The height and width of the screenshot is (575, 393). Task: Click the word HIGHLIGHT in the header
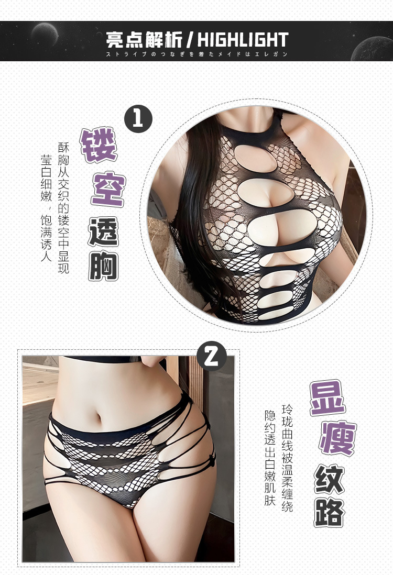(x=243, y=40)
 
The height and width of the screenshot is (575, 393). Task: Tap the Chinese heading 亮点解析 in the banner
(x=144, y=40)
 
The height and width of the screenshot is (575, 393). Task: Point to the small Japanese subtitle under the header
(x=196, y=54)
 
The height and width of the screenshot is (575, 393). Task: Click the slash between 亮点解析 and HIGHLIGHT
(x=190, y=40)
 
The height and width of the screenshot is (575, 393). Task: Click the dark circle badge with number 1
(x=138, y=119)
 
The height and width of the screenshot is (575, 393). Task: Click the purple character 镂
(x=99, y=145)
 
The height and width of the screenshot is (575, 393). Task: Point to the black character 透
(x=103, y=231)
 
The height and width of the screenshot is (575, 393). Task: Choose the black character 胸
(x=103, y=266)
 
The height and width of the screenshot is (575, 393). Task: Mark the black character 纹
(x=329, y=479)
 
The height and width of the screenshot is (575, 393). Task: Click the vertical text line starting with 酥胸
(x=63, y=207)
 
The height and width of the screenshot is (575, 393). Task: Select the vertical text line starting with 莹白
(x=46, y=207)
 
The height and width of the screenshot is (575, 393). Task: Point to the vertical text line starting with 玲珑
(x=287, y=458)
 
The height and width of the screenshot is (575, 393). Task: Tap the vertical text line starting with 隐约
(x=270, y=458)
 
